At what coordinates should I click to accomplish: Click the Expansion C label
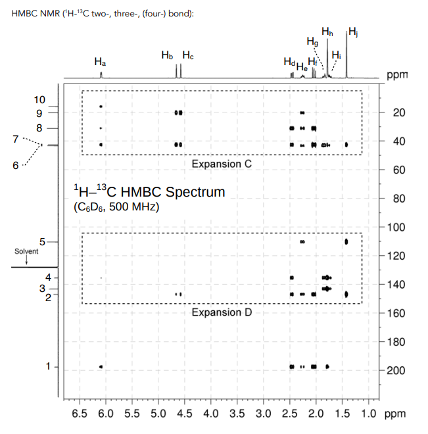221,163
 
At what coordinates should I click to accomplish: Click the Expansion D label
221,312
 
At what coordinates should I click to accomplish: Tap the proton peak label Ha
100,62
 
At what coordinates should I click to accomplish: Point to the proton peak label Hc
188,55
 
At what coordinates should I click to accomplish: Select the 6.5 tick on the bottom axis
80,414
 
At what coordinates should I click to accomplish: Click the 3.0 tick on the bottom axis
263,414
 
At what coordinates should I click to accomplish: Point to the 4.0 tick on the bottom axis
211,414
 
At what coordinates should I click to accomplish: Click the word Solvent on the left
26,252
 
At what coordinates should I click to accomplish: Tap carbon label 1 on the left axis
47,366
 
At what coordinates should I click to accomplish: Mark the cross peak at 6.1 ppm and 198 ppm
101,366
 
